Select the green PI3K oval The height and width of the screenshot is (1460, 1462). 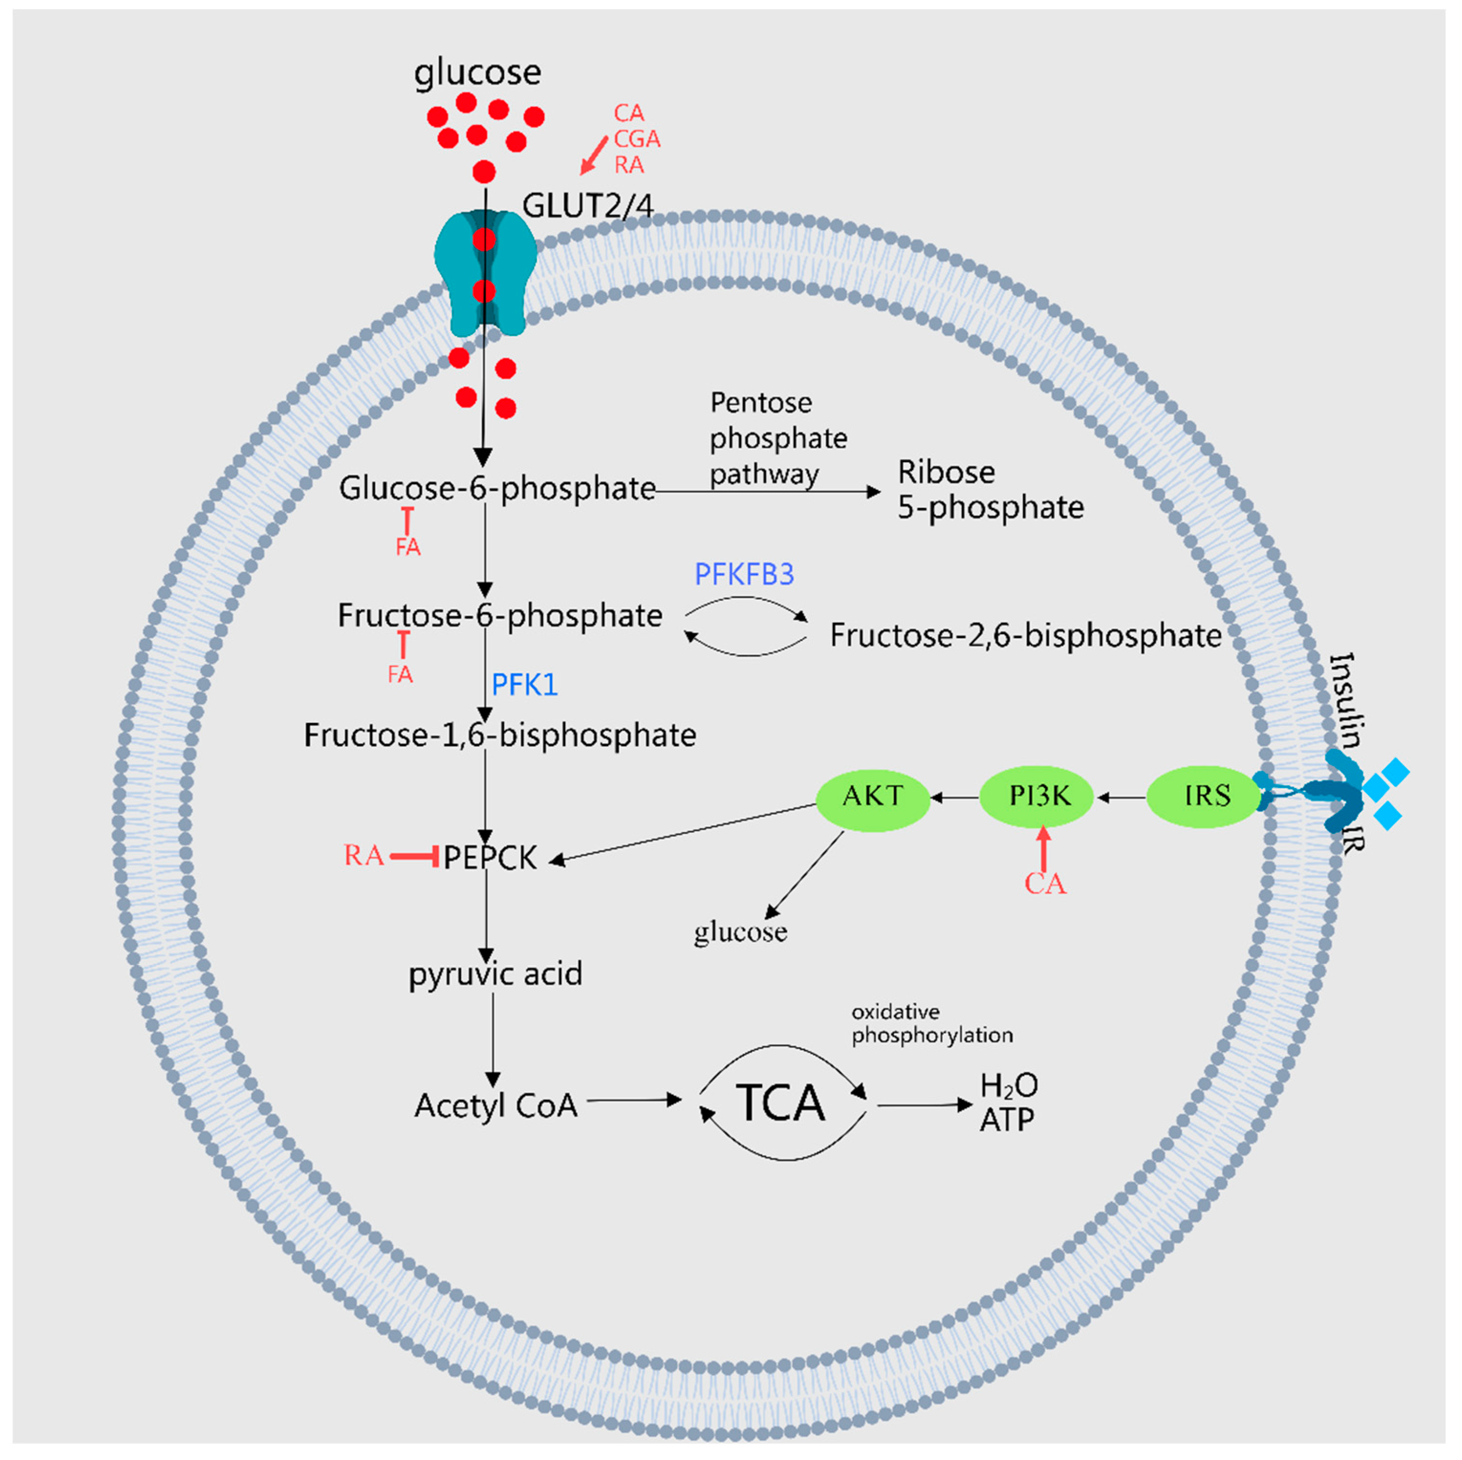(1036, 796)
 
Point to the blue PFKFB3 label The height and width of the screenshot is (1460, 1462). (744, 575)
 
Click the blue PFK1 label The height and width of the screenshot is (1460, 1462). (524, 686)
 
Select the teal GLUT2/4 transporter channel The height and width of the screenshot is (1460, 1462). (485, 272)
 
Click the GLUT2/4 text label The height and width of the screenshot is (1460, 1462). (588, 206)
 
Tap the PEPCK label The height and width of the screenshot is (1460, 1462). (489, 858)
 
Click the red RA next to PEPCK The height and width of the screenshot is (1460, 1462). (363, 856)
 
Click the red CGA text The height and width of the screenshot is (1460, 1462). (637, 139)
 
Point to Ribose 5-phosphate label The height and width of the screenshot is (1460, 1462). (990, 490)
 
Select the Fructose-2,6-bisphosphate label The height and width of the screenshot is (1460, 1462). (1025, 636)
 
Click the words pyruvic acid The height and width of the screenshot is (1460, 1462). (496, 974)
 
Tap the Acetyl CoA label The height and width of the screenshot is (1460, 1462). (496, 1106)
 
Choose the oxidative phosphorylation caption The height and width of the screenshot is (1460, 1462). (931, 1024)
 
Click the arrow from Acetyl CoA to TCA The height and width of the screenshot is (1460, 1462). (634, 1101)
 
